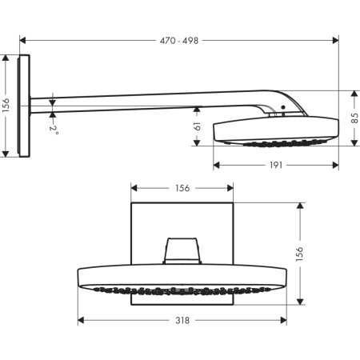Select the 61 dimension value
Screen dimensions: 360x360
point(197,126)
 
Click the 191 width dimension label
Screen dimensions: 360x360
point(276,165)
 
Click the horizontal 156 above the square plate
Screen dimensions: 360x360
point(182,188)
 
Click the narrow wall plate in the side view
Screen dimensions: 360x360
point(26,106)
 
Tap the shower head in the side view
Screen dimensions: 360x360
point(272,130)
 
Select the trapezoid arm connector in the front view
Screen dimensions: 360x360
point(182,250)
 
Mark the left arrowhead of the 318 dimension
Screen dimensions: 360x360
point(81,320)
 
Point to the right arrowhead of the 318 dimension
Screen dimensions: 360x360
point(284,320)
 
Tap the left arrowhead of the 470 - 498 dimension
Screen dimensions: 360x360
point(22,37)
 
